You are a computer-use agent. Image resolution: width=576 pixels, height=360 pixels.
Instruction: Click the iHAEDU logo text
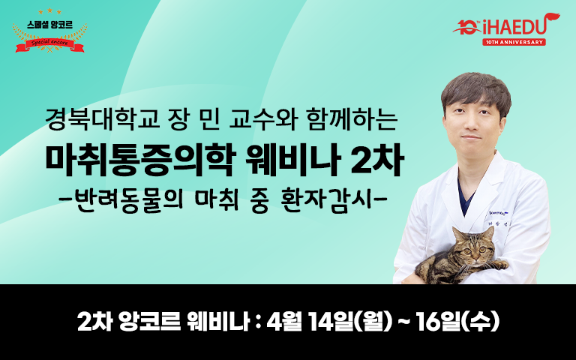[x=514, y=27]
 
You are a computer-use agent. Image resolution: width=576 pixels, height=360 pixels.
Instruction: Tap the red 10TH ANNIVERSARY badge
[x=514, y=42]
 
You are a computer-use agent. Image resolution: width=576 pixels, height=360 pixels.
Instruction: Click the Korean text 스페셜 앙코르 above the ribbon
[x=50, y=25]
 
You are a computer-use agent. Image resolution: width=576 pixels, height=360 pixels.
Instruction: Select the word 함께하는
[x=352, y=119]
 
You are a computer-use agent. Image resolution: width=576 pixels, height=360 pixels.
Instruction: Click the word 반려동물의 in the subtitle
[x=131, y=201]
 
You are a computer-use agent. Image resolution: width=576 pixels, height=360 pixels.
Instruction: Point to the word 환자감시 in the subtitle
[x=328, y=201]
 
